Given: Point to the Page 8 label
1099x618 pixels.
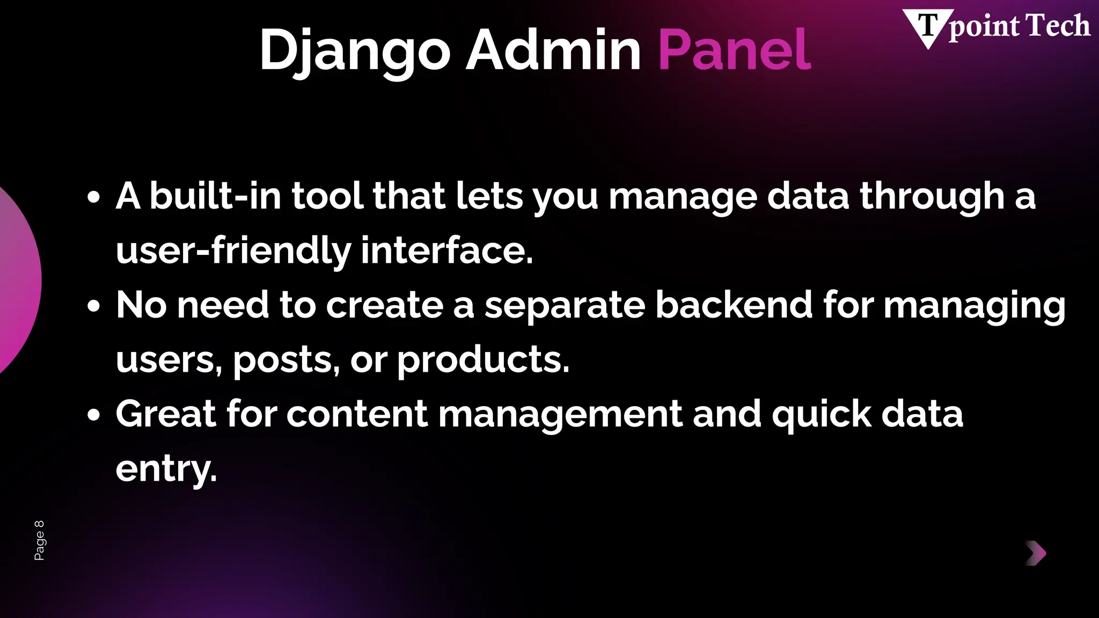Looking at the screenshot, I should click(x=39, y=540).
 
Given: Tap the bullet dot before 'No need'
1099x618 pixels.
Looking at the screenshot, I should click(x=93, y=306).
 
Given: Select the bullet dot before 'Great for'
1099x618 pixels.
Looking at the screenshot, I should click(x=93, y=415).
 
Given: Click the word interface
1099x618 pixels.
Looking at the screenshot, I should click(x=446, y=251).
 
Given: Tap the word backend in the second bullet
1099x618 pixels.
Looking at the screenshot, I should click(x=734, y=305).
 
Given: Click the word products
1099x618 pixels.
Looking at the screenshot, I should click(x=483, y=360).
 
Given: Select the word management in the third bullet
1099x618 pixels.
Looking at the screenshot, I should click(x=560, y=415).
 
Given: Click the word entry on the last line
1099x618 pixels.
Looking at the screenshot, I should click(x=166, y=469).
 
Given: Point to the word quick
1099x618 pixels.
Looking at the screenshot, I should click(x=822, y=415).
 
